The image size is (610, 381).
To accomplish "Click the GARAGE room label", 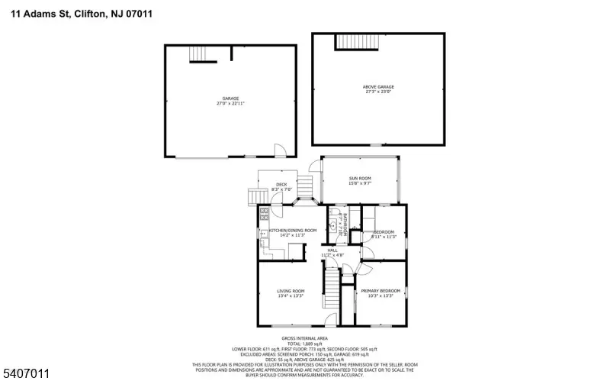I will tap(230, 98).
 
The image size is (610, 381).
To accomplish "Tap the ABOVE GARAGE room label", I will tap(378, 87).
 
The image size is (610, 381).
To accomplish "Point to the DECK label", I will tap(281, 185).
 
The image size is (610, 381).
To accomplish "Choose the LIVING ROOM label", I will tap(291, 291).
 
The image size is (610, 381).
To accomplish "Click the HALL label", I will tap(332, 250).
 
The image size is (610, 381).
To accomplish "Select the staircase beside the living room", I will tap(332, 289).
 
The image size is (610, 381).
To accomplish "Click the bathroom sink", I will tap(333, 227).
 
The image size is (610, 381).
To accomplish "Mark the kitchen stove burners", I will tap(263, 214).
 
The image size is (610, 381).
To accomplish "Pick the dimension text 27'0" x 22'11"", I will tap(230, 104).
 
